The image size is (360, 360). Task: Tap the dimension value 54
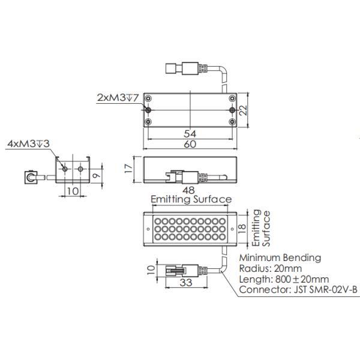point(190,133)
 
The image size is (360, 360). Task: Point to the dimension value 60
point(190,145)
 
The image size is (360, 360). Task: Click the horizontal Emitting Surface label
point(191,200)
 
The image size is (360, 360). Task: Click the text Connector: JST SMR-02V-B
point(298,291)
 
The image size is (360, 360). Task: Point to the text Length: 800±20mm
point(284,280)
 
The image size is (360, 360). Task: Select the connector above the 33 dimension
point(181,270)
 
